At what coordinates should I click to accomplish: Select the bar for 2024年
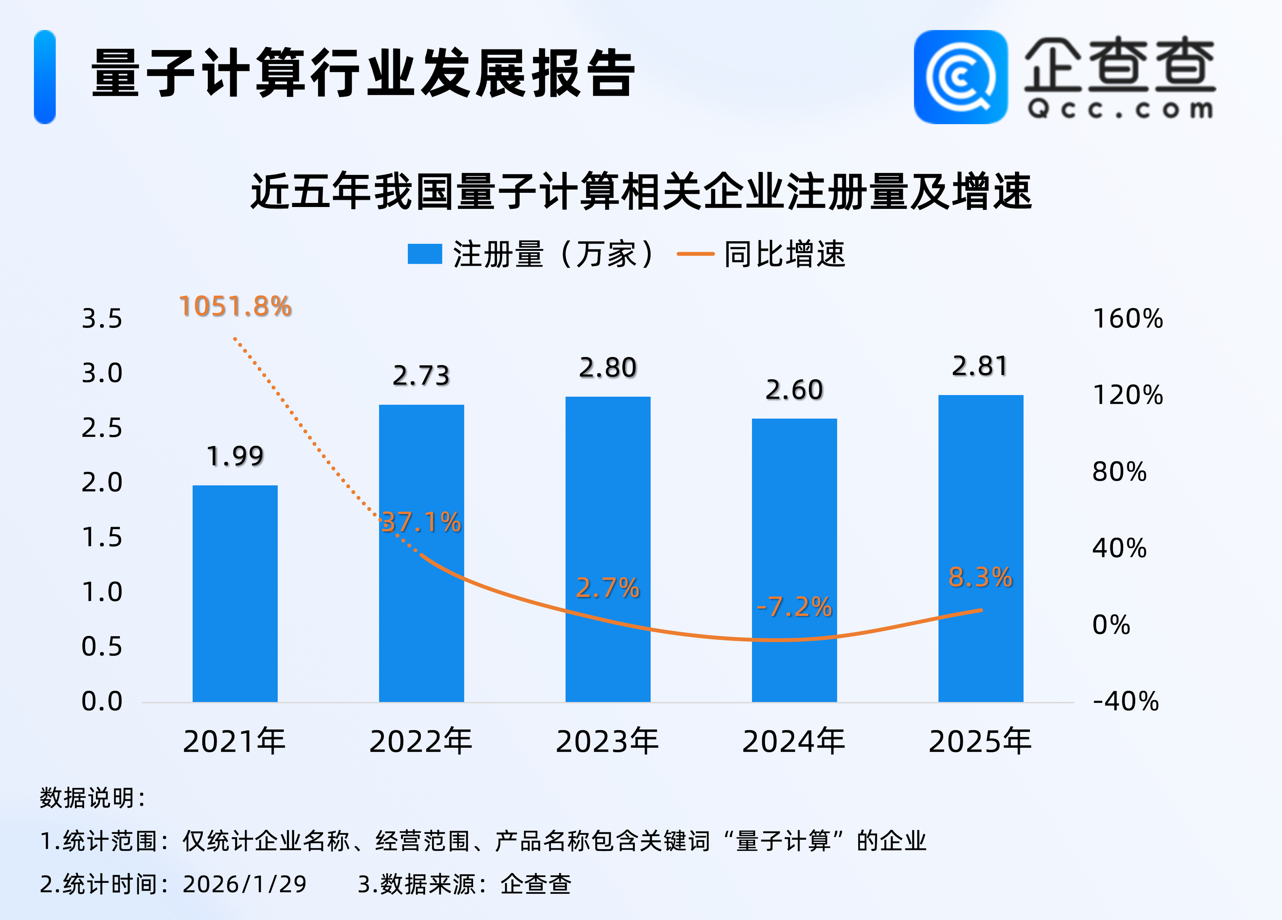(794, 559)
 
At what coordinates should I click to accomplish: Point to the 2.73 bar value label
(421, 376)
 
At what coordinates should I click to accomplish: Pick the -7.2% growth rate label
(794, 607)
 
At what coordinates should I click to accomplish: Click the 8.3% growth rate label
(980, 577)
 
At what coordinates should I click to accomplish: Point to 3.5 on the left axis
(102, 319)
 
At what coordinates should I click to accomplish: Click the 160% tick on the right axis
(1128, 319)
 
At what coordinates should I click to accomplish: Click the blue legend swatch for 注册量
(424, 254)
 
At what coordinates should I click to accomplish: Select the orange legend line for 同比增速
(695, 254)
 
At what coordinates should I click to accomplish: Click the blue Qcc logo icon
(960, 77)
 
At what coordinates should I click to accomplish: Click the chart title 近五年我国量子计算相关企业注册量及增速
(641, 192)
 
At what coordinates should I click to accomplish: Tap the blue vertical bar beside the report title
(45, 77)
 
